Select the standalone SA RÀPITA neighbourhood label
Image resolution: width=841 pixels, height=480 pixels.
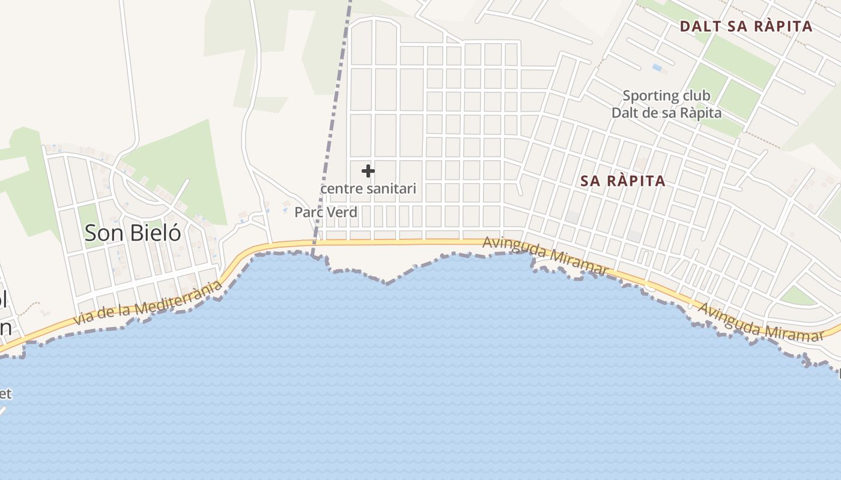point(624,181)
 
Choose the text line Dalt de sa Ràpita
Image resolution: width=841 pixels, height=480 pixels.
point(666,113)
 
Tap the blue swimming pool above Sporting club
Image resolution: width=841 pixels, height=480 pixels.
point(657,68)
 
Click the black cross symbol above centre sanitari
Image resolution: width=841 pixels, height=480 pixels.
point(368,171)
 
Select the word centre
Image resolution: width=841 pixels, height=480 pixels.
point(342,189)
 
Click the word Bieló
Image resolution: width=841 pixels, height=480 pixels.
point(156,233)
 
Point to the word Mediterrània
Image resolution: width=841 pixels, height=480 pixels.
point(179,295)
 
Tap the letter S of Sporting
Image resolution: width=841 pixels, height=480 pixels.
point(627,95)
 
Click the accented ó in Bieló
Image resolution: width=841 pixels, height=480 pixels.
point(175,233)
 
